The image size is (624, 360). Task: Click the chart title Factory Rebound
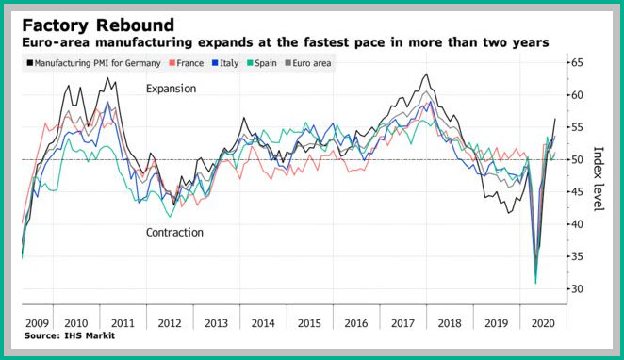click(98, 25)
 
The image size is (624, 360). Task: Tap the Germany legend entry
click(93, 63)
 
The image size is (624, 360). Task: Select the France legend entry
click(187, 63)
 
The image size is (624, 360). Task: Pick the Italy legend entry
click(225, 63)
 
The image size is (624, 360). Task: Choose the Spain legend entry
click(262, 63)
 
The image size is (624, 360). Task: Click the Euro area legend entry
click(308, 63)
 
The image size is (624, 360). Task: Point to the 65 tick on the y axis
click(578, 62)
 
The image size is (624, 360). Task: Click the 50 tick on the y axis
click(578, 159)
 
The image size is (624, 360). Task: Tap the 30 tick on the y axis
click(578, 288)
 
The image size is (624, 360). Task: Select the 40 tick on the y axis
click(578, 224)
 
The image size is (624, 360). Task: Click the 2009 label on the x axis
click(37, 323)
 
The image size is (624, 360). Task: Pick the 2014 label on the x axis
click(263, 323)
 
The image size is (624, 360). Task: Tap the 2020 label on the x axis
click(543, 323)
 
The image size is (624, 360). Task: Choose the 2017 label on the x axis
click(402, 323)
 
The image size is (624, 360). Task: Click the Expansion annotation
click(172, 89)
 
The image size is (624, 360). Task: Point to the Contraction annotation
click(174, 233)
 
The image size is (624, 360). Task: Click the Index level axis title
click(599, 179)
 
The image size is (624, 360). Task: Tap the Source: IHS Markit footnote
click(69, 335)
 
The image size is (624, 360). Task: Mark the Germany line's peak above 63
click(427, 74)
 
